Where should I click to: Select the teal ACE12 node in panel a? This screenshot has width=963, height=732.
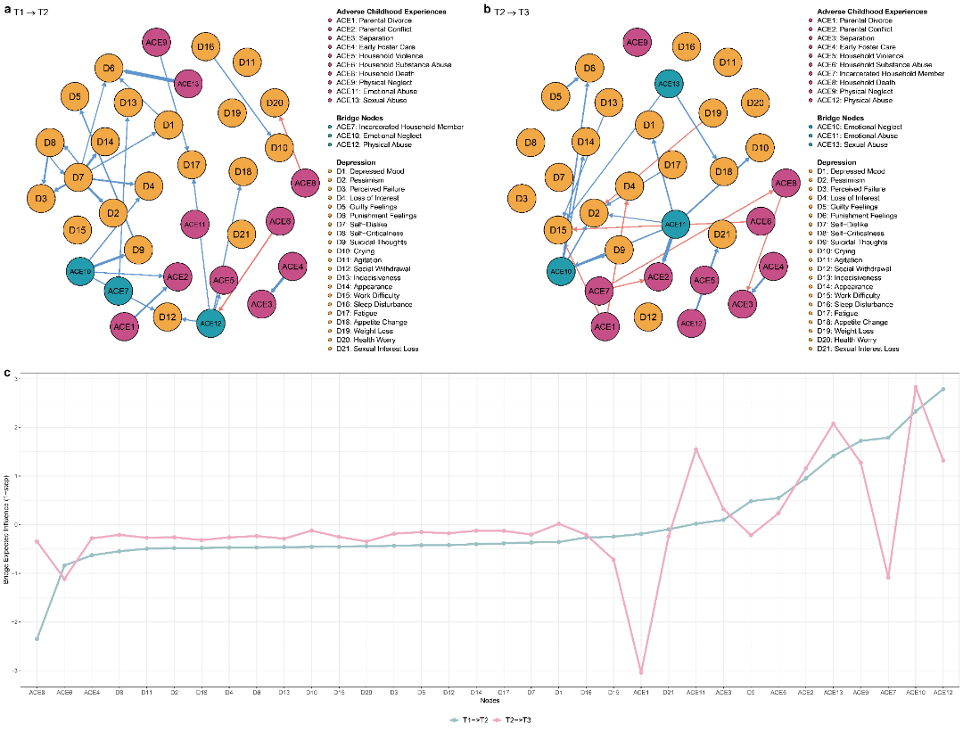(211, 322)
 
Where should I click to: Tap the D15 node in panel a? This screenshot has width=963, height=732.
(77, 231)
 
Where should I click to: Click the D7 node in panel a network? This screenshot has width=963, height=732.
(80, 178)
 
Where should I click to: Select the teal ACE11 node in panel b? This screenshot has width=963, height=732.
(677, 223)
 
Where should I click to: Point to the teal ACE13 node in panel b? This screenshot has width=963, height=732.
(670, 83)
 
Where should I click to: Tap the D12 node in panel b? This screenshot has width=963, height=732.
(647, 316)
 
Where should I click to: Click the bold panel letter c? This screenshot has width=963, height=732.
(8, 374)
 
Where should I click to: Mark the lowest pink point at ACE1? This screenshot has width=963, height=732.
(640, 671)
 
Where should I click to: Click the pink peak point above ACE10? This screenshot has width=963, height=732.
(916, 387)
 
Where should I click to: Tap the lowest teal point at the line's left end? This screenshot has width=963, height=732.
(37, 638)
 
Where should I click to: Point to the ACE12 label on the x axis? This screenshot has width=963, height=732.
(942, 692)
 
